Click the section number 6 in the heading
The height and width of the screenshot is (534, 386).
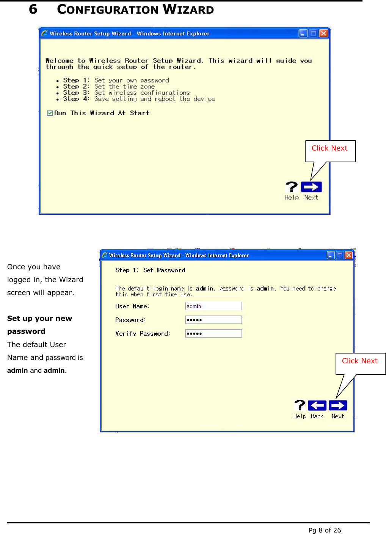[33, 9]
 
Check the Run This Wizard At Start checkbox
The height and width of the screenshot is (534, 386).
[50, 113]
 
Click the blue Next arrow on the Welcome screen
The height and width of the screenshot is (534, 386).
[311, 187]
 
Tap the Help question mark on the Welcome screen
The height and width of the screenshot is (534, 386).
[292, 187]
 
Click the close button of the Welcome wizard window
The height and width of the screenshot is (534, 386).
[323, 33]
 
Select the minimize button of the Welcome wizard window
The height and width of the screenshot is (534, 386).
[303, 33]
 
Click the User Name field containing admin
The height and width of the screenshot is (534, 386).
[213, 306]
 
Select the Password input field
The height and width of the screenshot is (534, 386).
[213, 320]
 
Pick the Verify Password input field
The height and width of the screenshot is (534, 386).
[213, 333]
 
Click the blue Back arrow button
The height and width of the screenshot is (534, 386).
[317, 405]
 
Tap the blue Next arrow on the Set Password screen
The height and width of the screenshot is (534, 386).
[338, 405]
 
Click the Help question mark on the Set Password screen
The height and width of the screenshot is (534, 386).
[300, 405]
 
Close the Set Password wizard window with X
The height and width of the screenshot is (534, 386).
[349, 255]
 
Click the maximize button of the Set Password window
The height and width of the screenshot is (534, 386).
[340, 255]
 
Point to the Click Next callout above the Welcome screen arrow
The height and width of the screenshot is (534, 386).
[330, 148]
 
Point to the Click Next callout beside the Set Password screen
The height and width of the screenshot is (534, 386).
[360, 361]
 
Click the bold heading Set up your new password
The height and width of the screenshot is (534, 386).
[39, 325]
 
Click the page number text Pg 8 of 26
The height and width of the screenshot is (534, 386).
[325, 530]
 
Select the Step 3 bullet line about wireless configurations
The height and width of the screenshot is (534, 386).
[126, 93]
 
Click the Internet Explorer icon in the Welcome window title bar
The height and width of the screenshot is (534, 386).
[45, 33]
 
